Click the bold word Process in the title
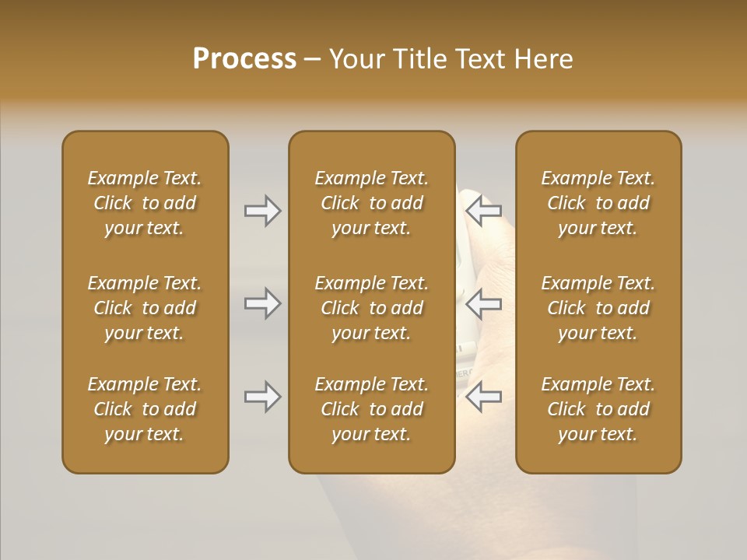(244, 59)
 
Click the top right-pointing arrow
(262, 210)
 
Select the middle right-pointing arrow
(262, 303)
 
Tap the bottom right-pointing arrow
(262, 397)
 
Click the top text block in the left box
(145, 203)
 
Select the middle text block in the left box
(145, 308)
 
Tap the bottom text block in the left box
(145, 409)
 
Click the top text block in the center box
(372, 203)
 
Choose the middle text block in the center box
(372, 308)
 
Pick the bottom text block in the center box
(372, 409)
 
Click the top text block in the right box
(598, 203)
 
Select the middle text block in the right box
(598, 308)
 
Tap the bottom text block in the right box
(598, 409)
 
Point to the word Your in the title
(356, 59)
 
